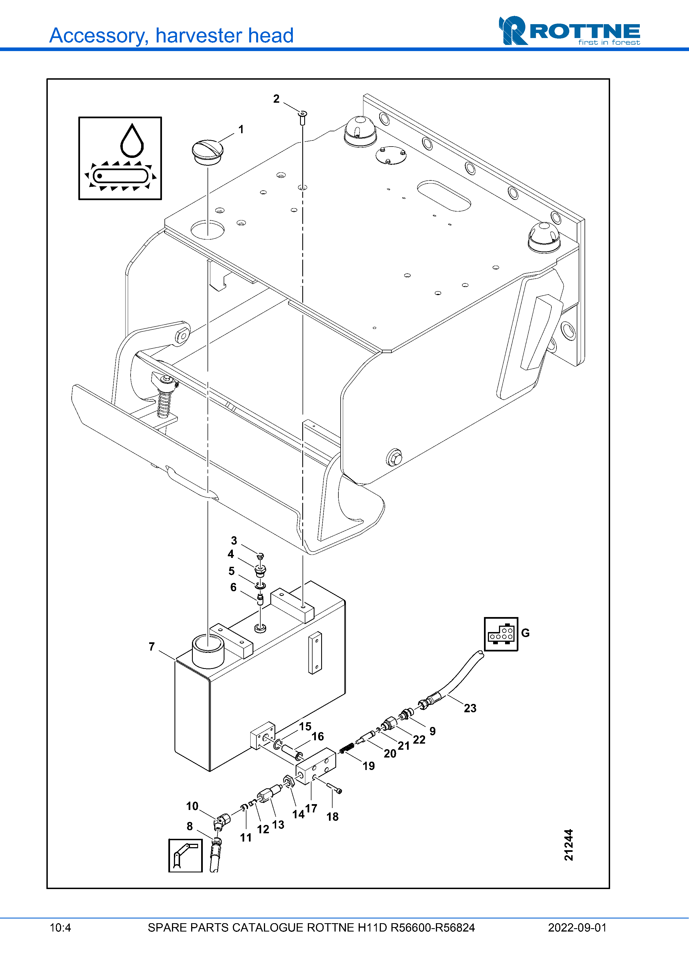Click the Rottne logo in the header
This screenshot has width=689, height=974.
569,31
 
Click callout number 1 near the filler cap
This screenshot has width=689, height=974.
241,129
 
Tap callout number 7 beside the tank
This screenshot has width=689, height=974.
152,646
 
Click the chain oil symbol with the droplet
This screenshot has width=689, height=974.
120,158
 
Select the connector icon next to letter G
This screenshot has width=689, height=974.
501,634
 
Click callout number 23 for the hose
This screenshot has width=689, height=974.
470,708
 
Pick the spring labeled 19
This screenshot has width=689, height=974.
347,748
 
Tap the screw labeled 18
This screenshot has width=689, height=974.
334,788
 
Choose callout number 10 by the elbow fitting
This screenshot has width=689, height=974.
192,806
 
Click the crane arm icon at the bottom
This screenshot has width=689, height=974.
186,856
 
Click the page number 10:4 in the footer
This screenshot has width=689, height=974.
60,928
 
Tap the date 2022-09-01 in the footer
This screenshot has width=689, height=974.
577,928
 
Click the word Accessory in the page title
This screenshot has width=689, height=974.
99,36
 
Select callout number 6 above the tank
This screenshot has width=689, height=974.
233,587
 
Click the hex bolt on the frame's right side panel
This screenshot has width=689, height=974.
394,457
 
